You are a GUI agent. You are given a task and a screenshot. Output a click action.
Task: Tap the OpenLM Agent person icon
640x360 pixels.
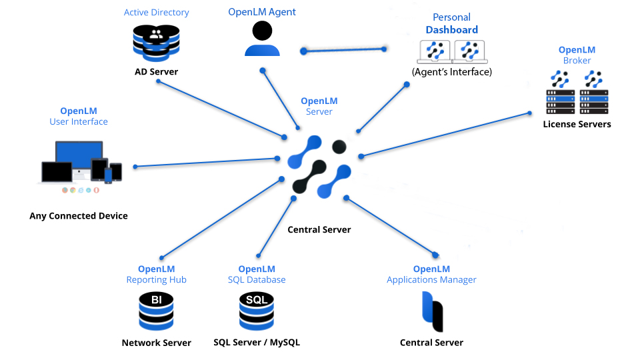click(262, 39)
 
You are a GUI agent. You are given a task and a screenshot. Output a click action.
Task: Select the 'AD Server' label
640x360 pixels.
click(156, 71)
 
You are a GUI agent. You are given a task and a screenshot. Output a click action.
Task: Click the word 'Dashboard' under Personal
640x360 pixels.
click(452, 30)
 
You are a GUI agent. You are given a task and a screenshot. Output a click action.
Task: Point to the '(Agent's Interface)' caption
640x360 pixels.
click(451, 72)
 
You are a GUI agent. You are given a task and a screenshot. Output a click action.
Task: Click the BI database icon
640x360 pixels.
click(156, 311)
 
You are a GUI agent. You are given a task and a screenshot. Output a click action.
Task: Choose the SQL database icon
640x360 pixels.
click(257, 311)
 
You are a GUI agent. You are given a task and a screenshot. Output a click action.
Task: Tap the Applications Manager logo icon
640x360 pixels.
click(431, 311)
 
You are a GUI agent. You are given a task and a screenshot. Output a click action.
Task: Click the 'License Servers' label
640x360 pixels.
click(577, 124)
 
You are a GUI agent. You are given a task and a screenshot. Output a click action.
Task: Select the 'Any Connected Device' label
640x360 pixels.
click(79, 216)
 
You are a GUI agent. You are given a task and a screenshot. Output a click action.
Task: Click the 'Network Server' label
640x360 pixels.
click(156, 343)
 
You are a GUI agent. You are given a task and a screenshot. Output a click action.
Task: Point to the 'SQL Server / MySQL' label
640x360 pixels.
click(257, 343)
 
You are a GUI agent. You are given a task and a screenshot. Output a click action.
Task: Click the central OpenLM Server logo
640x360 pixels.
click(319, 167)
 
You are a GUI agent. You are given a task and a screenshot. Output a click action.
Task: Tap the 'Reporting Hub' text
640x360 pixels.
click(156, 280)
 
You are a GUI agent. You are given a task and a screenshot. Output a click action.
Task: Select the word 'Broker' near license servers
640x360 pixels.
click(577, 61)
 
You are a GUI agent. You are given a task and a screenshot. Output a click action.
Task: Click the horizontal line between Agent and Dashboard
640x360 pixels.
click(344, 49)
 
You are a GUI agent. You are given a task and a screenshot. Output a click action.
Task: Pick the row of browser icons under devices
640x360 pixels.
click(81, 190)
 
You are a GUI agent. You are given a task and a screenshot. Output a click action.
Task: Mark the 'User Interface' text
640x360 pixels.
click(79, 122)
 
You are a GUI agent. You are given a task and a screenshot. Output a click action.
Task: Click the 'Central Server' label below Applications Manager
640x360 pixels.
click(431, 343)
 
